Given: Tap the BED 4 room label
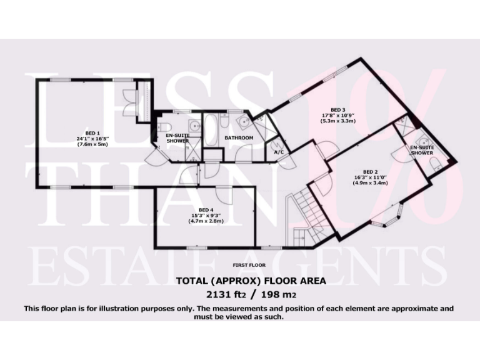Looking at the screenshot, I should tap(202, 209).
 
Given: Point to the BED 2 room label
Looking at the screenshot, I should tap(370, 171).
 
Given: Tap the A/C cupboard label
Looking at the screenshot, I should tap(279, 152).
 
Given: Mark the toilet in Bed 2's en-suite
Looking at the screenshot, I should tap(435, 164).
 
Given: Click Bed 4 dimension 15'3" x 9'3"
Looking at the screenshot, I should tap(202, 216).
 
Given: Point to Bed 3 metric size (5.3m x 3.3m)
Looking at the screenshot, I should tap(338, 121).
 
